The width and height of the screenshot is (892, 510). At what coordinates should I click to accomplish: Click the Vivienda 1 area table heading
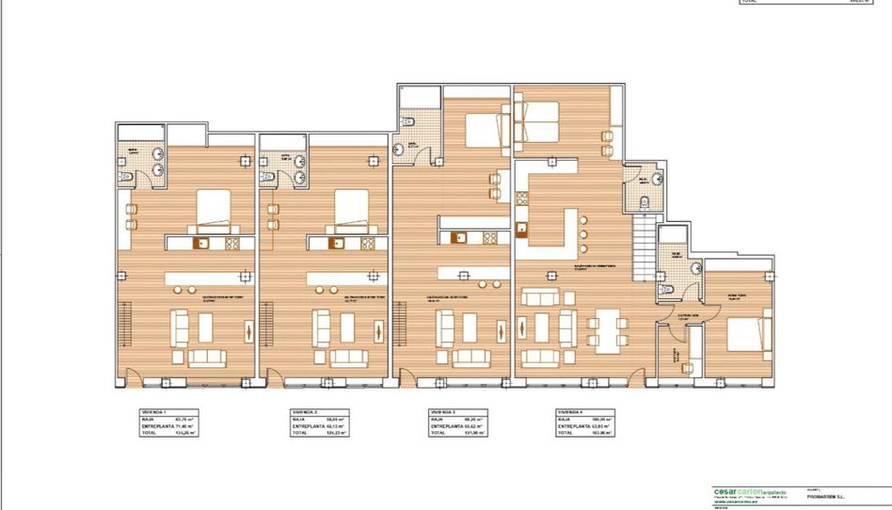(x=153, y=411)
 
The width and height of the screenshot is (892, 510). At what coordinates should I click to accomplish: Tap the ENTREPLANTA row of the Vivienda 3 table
(x=455, y=426)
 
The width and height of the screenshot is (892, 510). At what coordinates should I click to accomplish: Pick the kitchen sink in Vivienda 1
(x=201, y=243)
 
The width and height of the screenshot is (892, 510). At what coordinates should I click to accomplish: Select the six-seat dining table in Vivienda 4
(x=607, y=330)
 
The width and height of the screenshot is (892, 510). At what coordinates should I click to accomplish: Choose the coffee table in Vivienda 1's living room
(x=207, y=327)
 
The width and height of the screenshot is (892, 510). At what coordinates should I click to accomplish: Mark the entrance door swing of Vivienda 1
(x=134, y=377)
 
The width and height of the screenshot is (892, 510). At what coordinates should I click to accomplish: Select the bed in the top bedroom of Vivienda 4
(x=536, y=120)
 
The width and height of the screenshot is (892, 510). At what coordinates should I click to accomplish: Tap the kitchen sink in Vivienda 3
(x=459, y=237)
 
